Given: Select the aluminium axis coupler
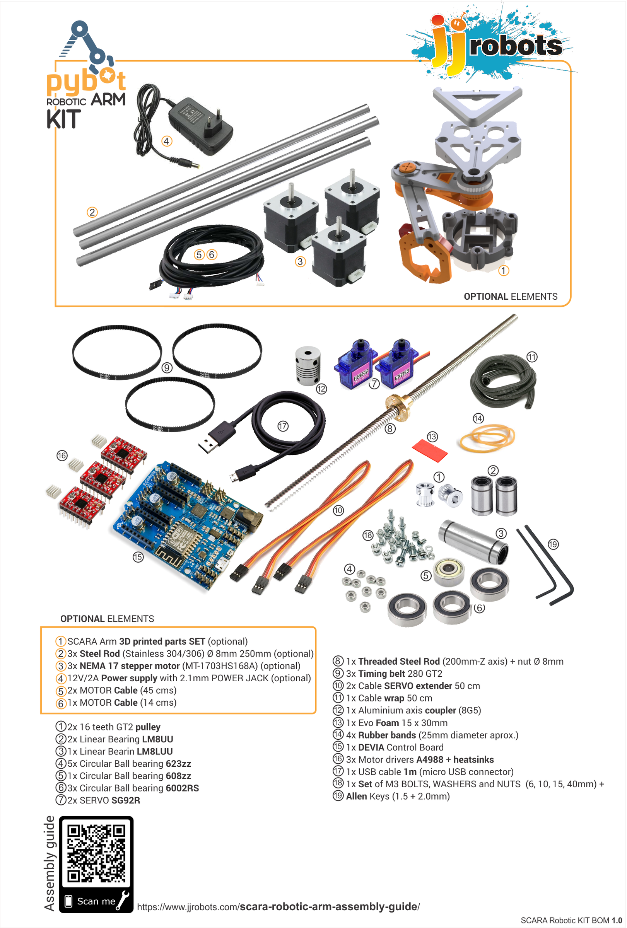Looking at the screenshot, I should click(307, 365).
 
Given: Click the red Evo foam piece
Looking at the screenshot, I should click(429, 450).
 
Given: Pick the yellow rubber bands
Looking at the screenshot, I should click(487, 438).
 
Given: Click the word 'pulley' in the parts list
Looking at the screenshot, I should click(148, 727).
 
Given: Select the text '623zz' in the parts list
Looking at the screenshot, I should click(178, 764).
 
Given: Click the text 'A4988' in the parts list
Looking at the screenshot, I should click(430, 759).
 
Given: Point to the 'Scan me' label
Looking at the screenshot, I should click(96, 901).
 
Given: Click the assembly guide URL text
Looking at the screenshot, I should click(278, 906).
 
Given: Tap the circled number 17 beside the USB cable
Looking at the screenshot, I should click(283, 426).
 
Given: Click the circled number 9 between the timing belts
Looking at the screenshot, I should click(167, 367).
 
